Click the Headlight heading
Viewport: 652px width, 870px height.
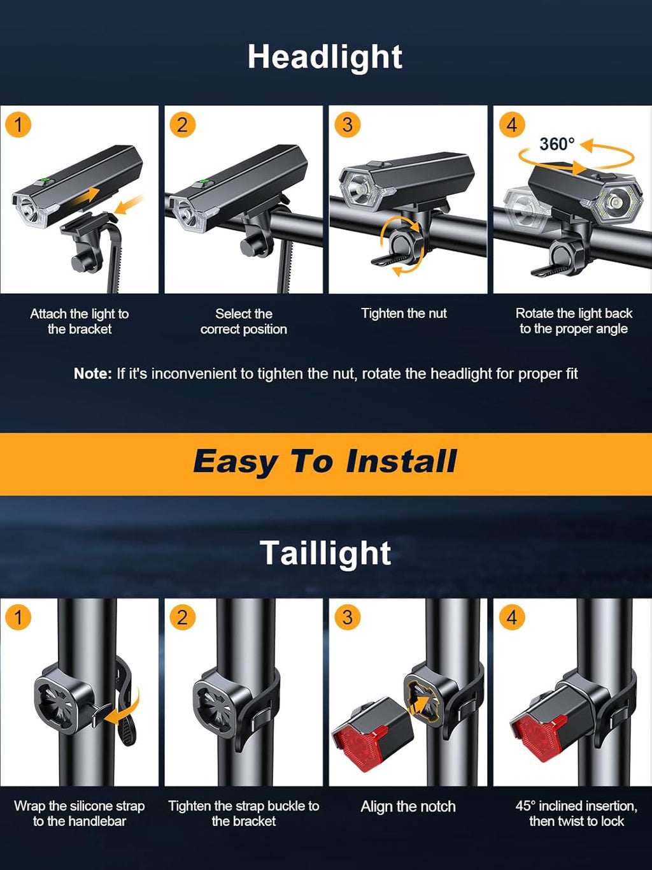[x=325, y=57]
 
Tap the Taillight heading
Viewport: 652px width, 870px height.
[x=325, y=553]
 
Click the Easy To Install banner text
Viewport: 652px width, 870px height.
[x=325, y=462]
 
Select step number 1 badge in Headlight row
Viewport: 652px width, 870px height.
[x=18, y=125]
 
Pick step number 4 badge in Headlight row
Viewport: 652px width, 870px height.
[x=512, y=125]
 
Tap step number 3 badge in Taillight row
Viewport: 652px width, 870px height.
[x=347, y=617]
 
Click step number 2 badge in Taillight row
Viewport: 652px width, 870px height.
[x=183, y=617]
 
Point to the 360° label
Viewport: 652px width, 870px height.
[x=556, y=145]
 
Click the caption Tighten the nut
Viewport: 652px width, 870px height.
[x=404, y=314]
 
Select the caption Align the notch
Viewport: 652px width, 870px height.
[x=408, y=807]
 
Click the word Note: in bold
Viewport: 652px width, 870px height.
[x=93, y=374]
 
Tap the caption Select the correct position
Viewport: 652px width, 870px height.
[x=244, y=321]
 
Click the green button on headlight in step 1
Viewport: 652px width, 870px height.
[x=43, y=182]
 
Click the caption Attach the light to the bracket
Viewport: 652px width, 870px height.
[x=80, y=321]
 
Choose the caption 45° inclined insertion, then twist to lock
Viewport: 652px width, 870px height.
[x=576, y=814]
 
